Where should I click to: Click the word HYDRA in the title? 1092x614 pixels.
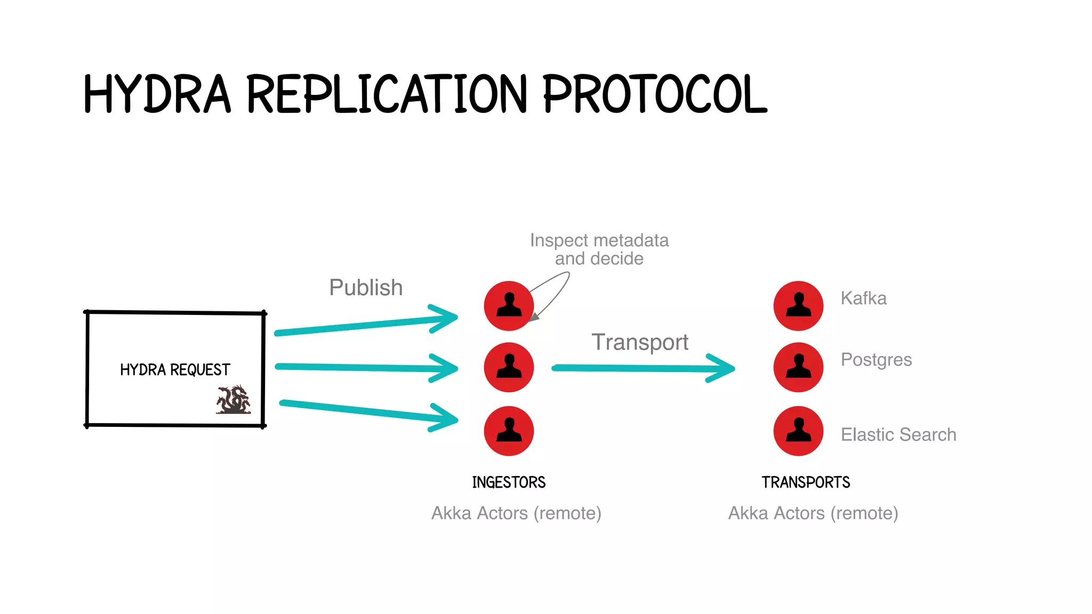[x=157, y=94]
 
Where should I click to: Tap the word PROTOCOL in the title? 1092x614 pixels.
[x=655, y=94]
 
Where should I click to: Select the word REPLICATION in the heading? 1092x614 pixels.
[x=387, y=94]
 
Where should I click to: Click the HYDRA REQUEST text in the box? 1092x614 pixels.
[x=175, y=369]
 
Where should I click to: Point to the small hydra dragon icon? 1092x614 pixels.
[x=233, y=400]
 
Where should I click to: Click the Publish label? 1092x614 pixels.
[x=366, y=288]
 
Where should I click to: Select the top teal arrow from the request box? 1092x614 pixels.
[x=366, y=325]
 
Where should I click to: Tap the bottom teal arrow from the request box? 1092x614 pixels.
[x=368, y=412]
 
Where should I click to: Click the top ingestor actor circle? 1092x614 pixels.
[x=509, y=306]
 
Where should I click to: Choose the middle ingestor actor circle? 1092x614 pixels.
[x=509, y=367]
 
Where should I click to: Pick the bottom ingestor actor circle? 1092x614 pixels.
[x=509, y=431]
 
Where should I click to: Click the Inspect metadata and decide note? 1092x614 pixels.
[x=599, y=249]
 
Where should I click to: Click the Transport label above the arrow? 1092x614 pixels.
[x=640, y=342]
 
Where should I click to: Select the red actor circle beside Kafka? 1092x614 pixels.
[x=798, y=306]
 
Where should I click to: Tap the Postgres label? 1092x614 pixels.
[x=876, y=360]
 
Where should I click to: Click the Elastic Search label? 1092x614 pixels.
[x=898, y=435]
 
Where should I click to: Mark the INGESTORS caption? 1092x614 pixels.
[x=509, y=482]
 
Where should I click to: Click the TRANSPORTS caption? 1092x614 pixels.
[x=806, y=482]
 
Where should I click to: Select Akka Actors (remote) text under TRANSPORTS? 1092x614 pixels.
[x=813, y=513]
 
